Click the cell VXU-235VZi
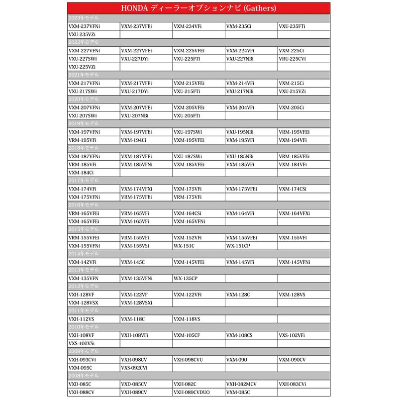click(x=82, y=34)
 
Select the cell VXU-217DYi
click(x=135, y=91)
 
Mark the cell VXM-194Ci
click(x=134, y=140)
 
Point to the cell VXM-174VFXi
click(x=137, y=189)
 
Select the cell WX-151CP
click(x=238, y=246)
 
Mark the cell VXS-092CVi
click(x=134, y=368)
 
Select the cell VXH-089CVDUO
click(x=192, y=392)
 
